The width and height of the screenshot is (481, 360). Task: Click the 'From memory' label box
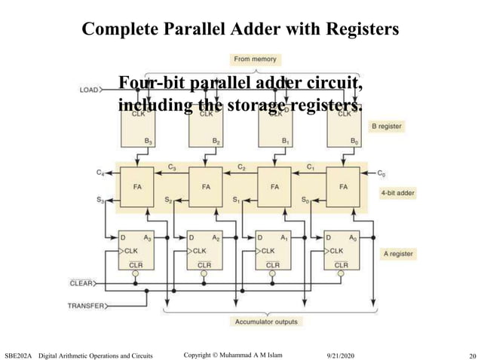point(256,59)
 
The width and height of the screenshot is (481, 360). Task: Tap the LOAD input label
point(90,90)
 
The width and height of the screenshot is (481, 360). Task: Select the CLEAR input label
point(81,283)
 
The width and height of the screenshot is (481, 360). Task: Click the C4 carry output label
point(101,173)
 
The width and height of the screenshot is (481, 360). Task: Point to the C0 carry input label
point(382,172)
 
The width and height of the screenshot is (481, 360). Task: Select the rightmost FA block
point(345,186)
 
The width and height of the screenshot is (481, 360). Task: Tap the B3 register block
point(140,128)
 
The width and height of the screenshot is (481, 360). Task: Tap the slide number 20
point(473,354)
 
